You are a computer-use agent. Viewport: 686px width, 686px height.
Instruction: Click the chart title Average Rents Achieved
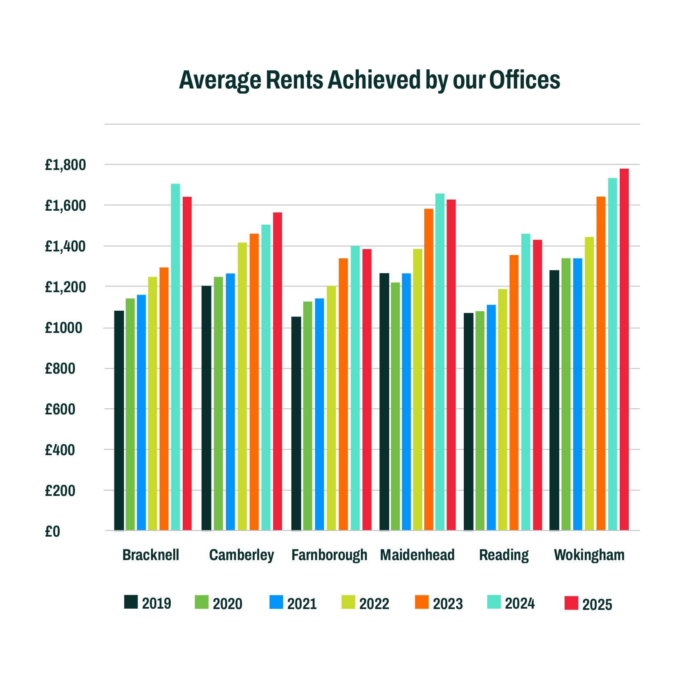[x=369, y=80]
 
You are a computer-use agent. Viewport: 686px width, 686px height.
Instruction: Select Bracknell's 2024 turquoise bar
[x=175, y=357]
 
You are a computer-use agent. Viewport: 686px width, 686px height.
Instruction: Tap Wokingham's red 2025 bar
[x=624, y=349]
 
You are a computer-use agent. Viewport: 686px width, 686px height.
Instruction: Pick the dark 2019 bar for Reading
[x=468, y=421]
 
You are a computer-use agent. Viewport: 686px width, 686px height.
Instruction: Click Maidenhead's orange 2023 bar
[x=429, y=369]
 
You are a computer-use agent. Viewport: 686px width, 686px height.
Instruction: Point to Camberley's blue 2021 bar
[x=230, y=402]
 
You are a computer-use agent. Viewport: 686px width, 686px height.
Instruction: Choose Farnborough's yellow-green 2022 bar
[x=331, y=408]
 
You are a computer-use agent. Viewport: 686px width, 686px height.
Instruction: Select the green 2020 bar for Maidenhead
[x=395, y=406]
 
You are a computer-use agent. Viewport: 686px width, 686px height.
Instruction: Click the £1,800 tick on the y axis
[x=65, y=165]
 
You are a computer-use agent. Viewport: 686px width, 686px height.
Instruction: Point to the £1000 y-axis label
[x=63, y=328]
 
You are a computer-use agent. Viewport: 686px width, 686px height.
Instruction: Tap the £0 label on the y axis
[x=52, y=531]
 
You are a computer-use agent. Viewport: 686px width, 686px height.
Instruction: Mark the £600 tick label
[x=60, y=409]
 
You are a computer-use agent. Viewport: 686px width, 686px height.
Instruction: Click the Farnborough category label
[x=329, y=555]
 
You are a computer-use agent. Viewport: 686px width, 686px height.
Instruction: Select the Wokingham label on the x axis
[x=589, y=555]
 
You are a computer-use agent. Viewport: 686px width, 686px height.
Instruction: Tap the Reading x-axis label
[x=504, y=555]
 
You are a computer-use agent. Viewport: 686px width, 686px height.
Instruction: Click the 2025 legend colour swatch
[x=571, y=603]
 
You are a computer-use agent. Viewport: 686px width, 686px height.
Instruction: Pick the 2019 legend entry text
[x=156, y=604]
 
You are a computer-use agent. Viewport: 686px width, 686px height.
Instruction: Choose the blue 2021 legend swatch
[x=276, y=602]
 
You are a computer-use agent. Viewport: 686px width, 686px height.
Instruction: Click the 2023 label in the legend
[x=448, y=604]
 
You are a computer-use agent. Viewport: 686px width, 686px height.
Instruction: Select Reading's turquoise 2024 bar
[x=526, y=382]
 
